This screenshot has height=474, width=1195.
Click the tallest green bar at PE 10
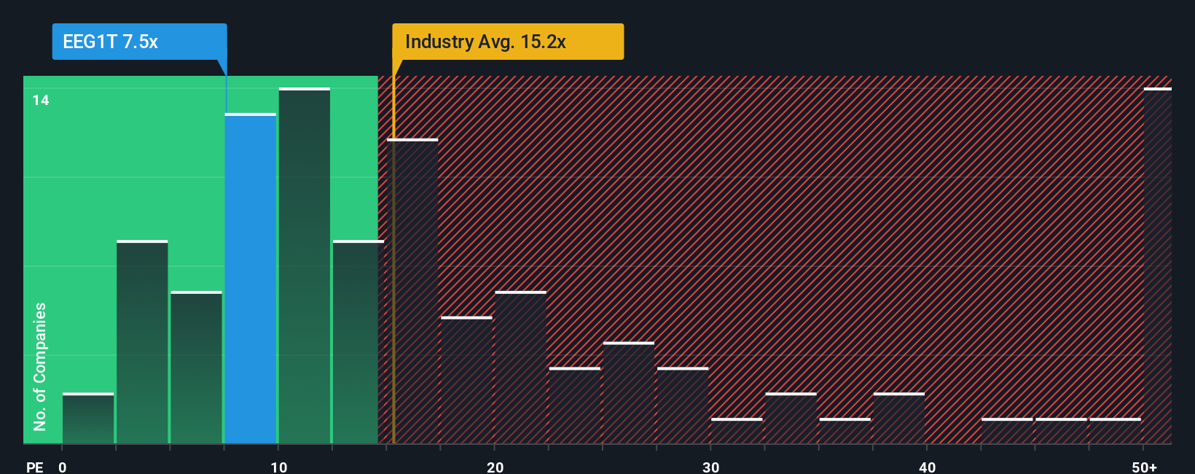point(305,266)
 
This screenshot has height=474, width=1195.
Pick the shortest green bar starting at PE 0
point(88,419)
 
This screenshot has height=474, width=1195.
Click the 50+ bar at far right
point(1157,266)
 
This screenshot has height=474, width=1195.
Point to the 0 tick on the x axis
point(63,467)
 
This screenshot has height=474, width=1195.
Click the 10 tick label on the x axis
point(278,467)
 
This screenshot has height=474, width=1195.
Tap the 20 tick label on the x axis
point(495,467)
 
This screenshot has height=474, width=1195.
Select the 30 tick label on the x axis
point(710,467)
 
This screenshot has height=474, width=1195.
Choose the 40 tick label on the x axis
point(927,467)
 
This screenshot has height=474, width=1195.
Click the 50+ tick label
point(1144,467)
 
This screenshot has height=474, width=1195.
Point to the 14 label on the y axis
point(41,101)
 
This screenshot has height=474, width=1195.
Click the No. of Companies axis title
point(40,366)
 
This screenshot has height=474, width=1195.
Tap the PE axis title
point(34,467)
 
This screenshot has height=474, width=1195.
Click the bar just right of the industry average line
point(413,292)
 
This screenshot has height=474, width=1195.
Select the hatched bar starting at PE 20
point(520,368)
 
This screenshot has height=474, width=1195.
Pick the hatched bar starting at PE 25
point(629,393)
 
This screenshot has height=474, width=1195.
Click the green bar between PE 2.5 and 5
point(142,342)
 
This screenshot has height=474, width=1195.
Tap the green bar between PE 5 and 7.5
point(196,368)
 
